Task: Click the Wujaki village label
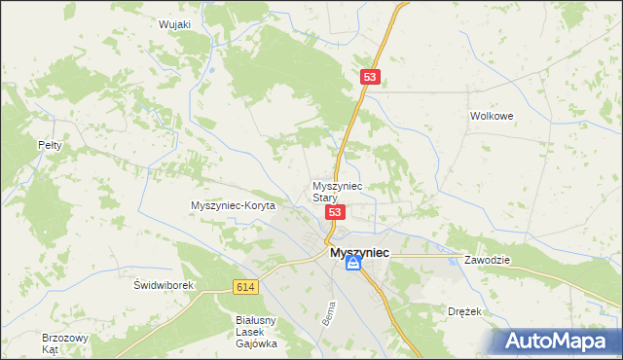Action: pos(173,23)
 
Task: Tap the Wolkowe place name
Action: pos(491,115)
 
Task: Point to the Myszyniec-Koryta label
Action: pos(234,206)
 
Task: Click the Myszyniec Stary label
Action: pos(337,191)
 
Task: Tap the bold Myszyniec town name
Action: pos(360,252)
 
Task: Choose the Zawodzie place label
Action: pos(488,261)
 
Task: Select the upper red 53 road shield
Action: pos(369,77)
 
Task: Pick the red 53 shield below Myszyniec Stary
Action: pos(335,212)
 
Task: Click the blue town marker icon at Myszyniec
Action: pos(353,264)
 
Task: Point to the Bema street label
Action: pos(328,312)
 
